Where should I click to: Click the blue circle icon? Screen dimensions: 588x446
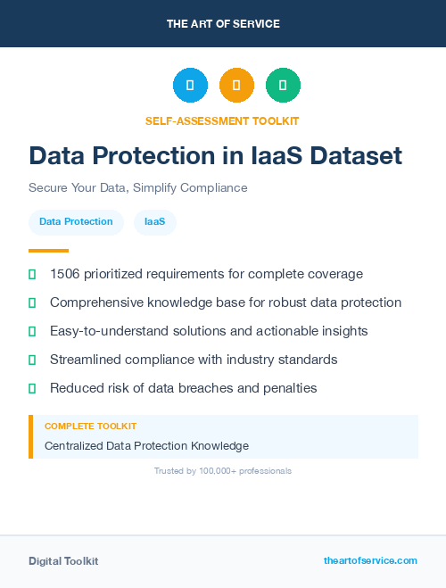coord(190,86)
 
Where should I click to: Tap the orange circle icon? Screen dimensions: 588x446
coord(236,86)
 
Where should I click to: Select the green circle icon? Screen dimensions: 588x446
coord(283,86)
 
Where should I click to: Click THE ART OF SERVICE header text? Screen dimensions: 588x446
coord(223,24)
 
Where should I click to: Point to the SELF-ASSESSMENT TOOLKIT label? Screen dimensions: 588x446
coord(222,120)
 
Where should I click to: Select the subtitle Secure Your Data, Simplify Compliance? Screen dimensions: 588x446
coord(137,188)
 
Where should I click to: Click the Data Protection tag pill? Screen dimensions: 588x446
coord(76,222)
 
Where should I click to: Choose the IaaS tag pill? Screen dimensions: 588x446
coord(154,222)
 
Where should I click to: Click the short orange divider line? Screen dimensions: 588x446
coord(48,251)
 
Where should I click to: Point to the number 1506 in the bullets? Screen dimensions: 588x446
coord(66,274)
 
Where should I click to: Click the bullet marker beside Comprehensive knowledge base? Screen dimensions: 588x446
coord(32,302)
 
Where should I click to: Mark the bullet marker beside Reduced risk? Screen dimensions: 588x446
coord(32,388)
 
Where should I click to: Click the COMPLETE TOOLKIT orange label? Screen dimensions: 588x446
coord(90,427)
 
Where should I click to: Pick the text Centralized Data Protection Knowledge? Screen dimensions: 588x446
coord(146,445)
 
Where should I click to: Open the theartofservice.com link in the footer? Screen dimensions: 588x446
coord(370,560)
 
